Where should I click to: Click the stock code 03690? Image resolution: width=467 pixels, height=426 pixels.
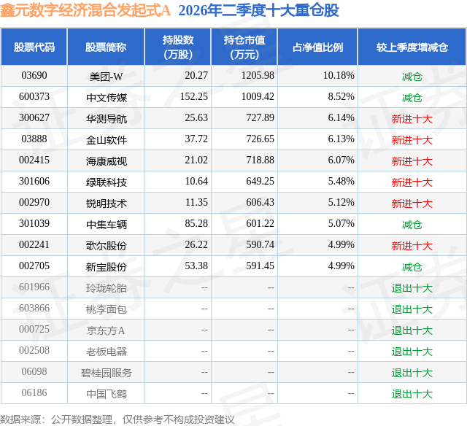tap(34, 76)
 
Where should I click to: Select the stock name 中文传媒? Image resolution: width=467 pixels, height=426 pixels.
tap(107, 98)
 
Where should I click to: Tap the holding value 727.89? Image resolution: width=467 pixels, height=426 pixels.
tap(260, 118)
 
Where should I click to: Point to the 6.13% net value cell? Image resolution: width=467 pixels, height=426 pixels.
tap(341, 139)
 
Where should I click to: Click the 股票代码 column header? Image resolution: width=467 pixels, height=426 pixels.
tap(34, 47)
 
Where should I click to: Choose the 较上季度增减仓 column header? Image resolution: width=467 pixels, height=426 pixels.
tap(412, 47)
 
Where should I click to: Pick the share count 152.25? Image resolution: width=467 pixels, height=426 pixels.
tap(194, 97)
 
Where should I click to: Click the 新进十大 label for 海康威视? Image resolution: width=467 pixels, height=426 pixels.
tap(412, 161)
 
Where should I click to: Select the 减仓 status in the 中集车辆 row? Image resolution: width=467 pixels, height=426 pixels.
tap(412, 225)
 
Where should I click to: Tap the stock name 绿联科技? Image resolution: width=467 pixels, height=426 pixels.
tap(107, 182)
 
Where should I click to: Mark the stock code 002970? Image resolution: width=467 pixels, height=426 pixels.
tap(34, 203)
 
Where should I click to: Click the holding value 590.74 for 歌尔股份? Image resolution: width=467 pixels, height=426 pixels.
tap(260, 244)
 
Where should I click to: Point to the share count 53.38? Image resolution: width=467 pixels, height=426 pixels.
tap(196, 266)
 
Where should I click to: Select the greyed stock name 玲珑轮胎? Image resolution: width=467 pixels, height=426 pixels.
tap(107, 288)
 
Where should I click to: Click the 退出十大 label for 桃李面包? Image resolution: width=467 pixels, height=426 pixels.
tap(412, 309)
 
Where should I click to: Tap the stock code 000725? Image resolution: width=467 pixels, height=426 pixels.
tap(34, 329)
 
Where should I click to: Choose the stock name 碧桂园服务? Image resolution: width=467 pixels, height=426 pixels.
tap(107, 373)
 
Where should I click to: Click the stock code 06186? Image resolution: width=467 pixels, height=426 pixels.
tap(34, 392)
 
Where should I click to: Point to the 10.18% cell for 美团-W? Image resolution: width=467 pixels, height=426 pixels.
tap(339, 76)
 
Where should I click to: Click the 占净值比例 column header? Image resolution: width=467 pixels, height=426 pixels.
tap(317, 47)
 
